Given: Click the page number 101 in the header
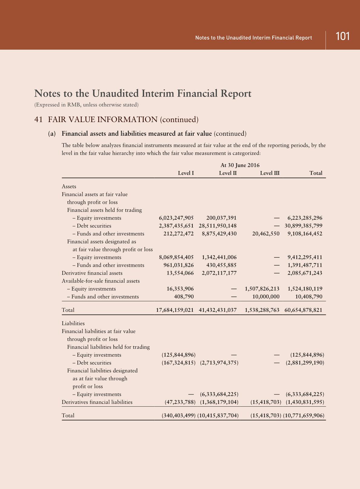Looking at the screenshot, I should pyautogui.click(x=343, y=36).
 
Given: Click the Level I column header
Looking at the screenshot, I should pyautogui.click(x=186, y=173).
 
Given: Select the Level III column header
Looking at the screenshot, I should pyautogui.click(x=270, y=173).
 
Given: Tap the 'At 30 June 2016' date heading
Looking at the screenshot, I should pyautogui.click(x=240, y=165).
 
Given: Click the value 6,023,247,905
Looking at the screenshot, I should pyautogui.click(x=176, y=218).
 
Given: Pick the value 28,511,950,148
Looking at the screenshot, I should pyautogui.click(x=218, y=226).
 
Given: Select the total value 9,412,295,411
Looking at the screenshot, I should pyautogui.click(x=305, y=257).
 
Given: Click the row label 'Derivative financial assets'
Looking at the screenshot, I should pyautogui.click(x=92, y=273).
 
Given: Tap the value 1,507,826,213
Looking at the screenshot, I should pyautogui.click(x=262, y=289).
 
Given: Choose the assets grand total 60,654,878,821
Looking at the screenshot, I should pyautogui.click(x=303, y=310).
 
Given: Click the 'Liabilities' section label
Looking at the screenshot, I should pyautogui.click(x=73, y=323).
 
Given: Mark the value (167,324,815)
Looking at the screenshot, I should pyautogui.click(x=179, y=363).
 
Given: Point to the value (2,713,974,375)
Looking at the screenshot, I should pyautogui.click(x=219, y=363).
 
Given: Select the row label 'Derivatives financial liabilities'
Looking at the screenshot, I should pyautogui.click(x=97, y=402).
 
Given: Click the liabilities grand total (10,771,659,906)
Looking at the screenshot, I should pyautogui.click(x=304, y=415).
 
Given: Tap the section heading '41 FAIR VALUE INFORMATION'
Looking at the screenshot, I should pyautogui.click(x=116, y=120).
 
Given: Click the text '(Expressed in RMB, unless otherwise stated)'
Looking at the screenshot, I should pyautogui.click(x=86, y=105).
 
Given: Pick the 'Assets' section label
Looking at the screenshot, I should pyautogui.click(x=69, y=187).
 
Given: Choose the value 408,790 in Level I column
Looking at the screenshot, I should pyautogui.click(x=184, y=297).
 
